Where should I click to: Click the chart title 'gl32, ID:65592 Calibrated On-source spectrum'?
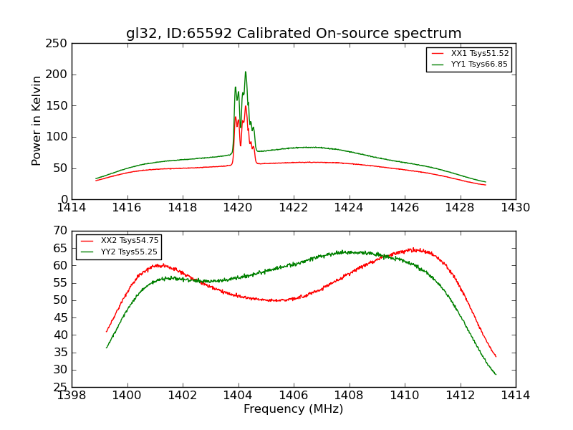tap(294, 34)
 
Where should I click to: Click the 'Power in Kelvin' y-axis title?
tap(37, 120)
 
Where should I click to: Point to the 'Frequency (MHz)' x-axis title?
tap(294, 409)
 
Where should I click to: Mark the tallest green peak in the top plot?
tap(245, 72)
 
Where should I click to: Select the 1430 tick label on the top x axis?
tap(516, 208)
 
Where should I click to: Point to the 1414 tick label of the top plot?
tap(72, 208)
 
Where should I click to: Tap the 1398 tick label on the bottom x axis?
tap(72, 396)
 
